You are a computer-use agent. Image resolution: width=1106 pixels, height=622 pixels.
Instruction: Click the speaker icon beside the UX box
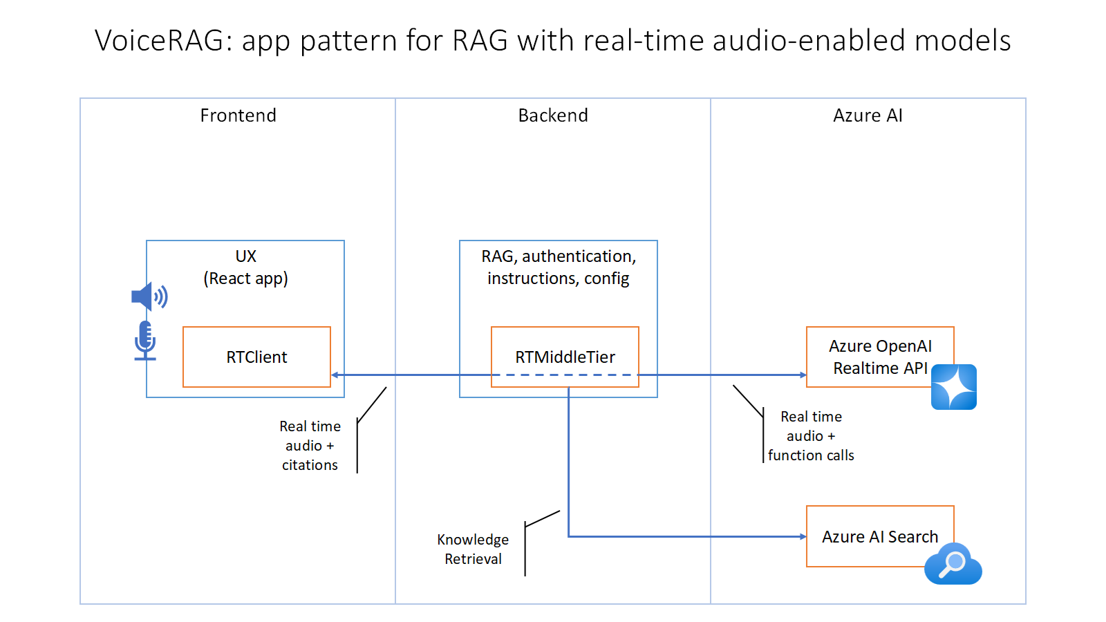pos(149,297)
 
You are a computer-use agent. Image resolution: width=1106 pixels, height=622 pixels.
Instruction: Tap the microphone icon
pos(145,340)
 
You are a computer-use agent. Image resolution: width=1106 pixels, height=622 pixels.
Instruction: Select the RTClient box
pos(256,357)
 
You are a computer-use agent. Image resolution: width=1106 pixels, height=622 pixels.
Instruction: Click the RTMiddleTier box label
pos(565,357)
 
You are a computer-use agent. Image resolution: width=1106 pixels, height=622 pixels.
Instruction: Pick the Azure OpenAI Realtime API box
pos(879,357)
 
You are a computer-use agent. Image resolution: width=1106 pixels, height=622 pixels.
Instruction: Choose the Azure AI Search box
pos(879,536)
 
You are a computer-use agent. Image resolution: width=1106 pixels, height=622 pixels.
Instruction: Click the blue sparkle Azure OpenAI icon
pos(953,387)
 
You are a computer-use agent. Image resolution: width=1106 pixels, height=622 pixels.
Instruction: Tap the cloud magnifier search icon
pos(953,564)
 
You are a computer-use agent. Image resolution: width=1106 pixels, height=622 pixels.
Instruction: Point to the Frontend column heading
pos(238,115)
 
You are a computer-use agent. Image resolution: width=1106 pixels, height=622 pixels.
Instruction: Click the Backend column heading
pos(553,115)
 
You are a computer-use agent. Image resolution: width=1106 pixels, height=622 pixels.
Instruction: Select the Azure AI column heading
pos(868,115)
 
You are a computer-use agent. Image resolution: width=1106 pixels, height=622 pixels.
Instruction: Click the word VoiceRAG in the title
pos(159,41)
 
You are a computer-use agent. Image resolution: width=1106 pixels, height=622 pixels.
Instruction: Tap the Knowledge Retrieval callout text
pos(473,549)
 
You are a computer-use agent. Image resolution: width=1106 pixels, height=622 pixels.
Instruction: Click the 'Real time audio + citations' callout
pos(310,446)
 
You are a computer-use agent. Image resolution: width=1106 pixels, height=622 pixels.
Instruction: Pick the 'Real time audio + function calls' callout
pos(811,436)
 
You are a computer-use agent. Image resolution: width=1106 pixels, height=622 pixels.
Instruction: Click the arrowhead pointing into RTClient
pos(335,375)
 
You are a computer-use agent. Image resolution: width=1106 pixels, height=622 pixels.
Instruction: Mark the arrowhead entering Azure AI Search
pos(803,536)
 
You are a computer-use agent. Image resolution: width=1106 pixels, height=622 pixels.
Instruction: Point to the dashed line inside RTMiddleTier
pos(565,375)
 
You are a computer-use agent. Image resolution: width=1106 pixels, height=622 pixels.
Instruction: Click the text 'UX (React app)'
pos(245,267)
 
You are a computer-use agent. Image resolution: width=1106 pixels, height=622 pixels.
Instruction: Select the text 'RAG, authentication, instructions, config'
pos(559,267)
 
